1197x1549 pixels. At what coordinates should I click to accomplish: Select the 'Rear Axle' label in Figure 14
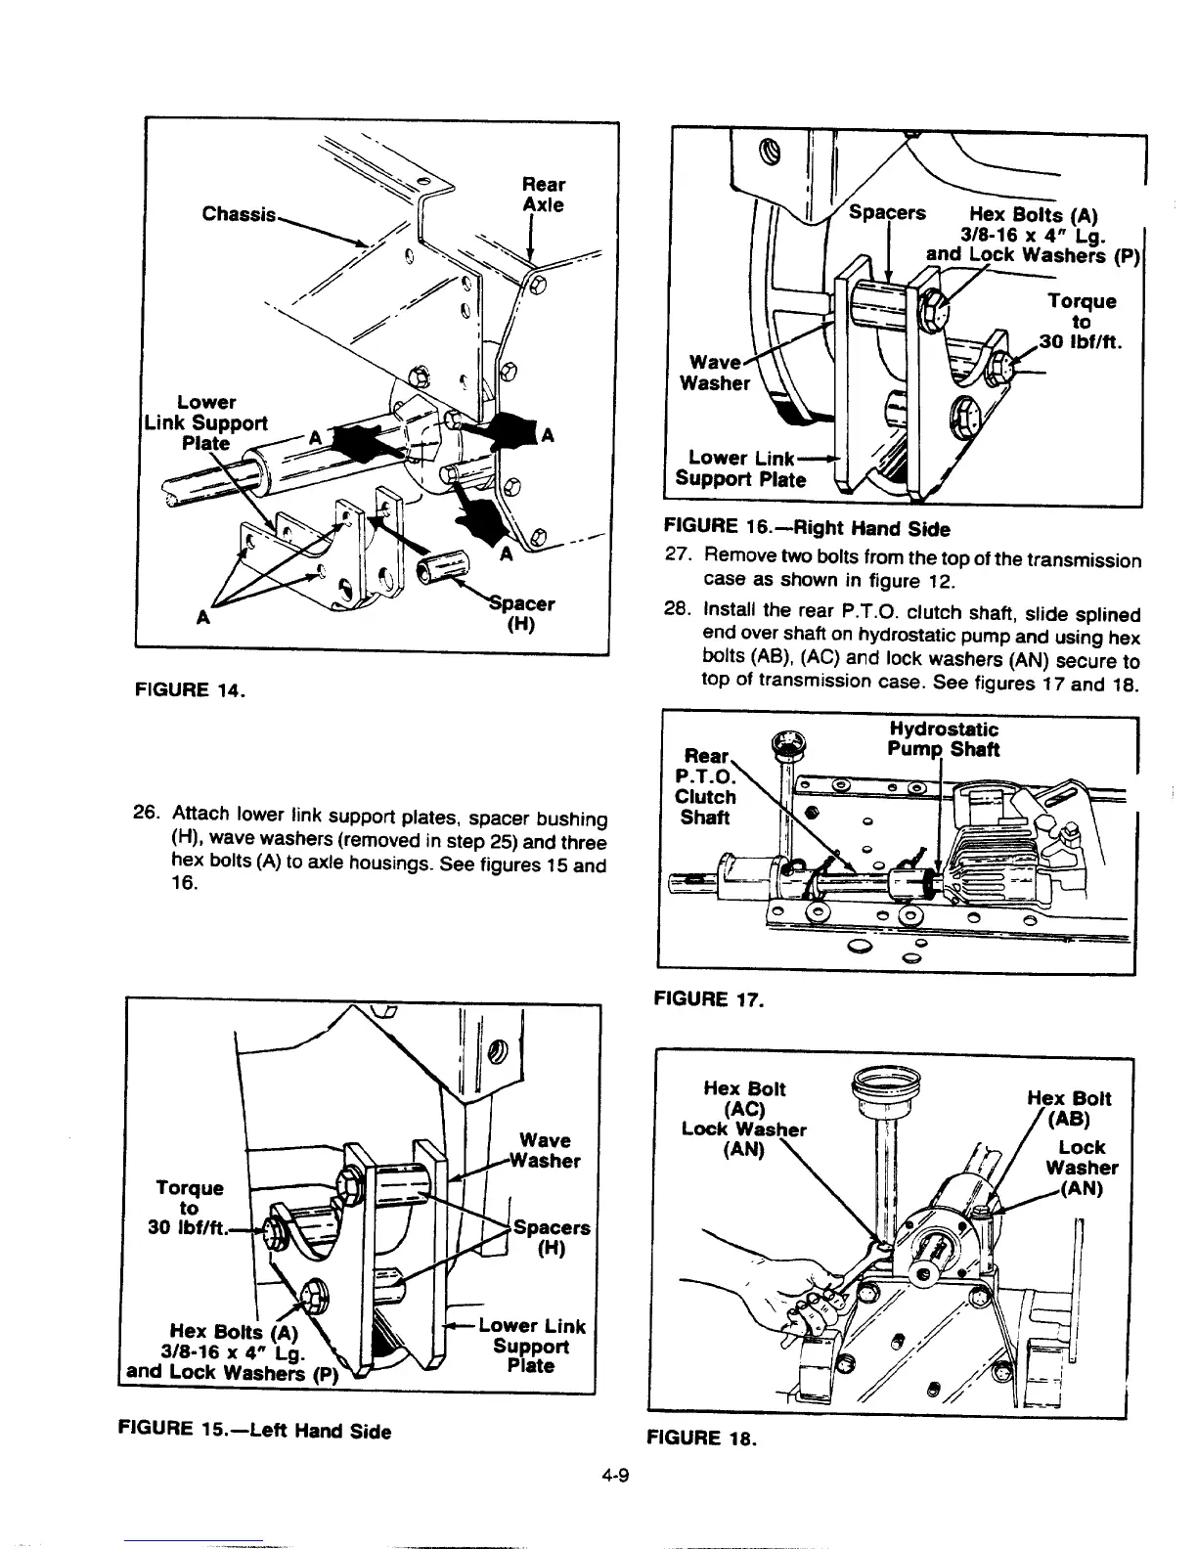point(543,195)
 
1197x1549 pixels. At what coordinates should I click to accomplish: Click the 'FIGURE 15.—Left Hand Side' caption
point(254,1431)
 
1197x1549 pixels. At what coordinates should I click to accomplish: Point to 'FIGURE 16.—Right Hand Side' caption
point(806,529)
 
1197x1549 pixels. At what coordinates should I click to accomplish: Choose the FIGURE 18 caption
point(698,1438)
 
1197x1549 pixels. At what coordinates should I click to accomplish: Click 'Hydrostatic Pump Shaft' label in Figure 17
point(944,739)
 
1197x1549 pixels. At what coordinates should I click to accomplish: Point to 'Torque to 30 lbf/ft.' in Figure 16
point(1080,322)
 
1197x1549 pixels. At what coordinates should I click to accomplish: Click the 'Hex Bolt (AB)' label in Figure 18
point(1069,1108)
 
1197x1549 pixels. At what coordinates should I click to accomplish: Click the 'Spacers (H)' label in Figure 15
point(552,1238)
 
